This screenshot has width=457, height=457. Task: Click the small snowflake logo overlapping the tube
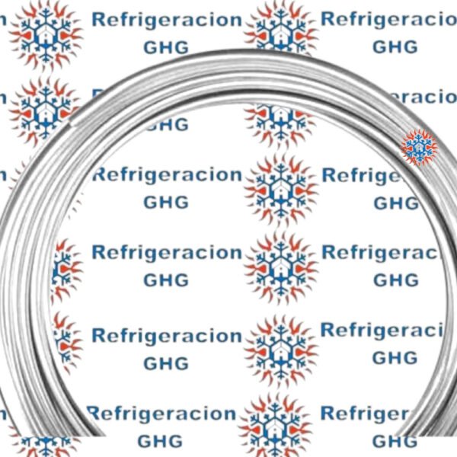click(x=418, y=147)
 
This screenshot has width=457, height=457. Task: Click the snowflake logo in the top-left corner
click(x=46, y=32)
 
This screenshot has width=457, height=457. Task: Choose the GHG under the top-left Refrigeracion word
click(x=165, y=46)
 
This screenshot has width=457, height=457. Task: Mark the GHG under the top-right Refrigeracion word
click(x=395, y=46)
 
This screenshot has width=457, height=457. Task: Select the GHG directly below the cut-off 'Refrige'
click(x=395, y=203)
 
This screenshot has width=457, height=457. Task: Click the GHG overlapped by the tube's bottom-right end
click(x=395, y=440)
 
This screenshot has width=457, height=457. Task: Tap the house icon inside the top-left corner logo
click(x=46, y=30)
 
